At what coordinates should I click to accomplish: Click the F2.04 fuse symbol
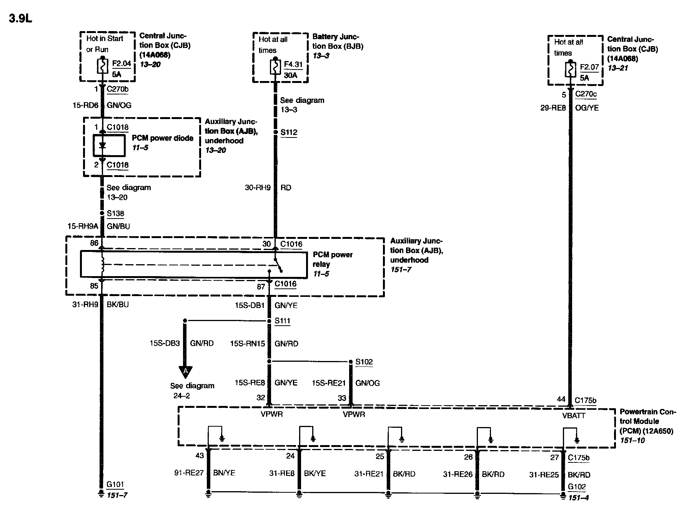[x=102, y=66]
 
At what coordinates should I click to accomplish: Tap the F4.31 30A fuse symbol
[x=275, y=68]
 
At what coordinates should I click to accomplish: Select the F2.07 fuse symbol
[x=570, y=70]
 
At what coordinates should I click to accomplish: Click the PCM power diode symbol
[x=102, y=146]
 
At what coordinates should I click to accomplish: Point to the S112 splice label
[x=288, y=132]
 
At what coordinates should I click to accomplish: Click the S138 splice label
[x=115, y=214]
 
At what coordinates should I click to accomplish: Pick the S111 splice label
[x=282, y=321]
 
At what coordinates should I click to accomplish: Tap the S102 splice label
[x=364, y=362]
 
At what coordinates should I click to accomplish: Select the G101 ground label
[x=115, y=485]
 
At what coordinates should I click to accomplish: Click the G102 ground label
[x=577, y=487]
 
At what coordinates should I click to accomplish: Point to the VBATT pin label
[x=573, y=416]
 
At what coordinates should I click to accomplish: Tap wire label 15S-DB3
[x=165, y=343]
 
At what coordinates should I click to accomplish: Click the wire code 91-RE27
[x=189, y=473]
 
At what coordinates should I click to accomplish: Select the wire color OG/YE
[x=587, y=108]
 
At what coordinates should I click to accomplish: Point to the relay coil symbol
[x=102, y=264]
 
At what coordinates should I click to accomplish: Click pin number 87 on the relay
[x=261, y=286]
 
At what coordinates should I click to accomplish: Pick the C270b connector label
[x=117, y=89]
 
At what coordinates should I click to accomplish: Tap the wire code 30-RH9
[x=258, y=188]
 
